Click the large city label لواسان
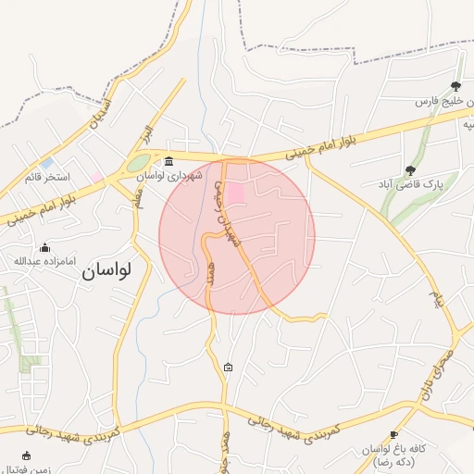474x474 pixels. tap(106, 269)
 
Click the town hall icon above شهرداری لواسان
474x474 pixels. tap(168, 162)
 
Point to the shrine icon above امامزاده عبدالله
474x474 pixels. tap(44, 246)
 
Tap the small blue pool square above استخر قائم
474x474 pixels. tap(46, 163)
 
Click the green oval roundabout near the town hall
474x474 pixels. tap(137, 166)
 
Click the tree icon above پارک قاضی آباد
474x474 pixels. tap(410, 170)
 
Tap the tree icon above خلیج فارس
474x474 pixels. tap(455, 86)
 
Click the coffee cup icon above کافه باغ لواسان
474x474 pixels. tap(393, 434)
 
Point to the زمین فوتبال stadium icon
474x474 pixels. tap(25, 455)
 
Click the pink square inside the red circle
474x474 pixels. tap(236, 193)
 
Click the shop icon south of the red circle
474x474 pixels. tap(229, 368)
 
